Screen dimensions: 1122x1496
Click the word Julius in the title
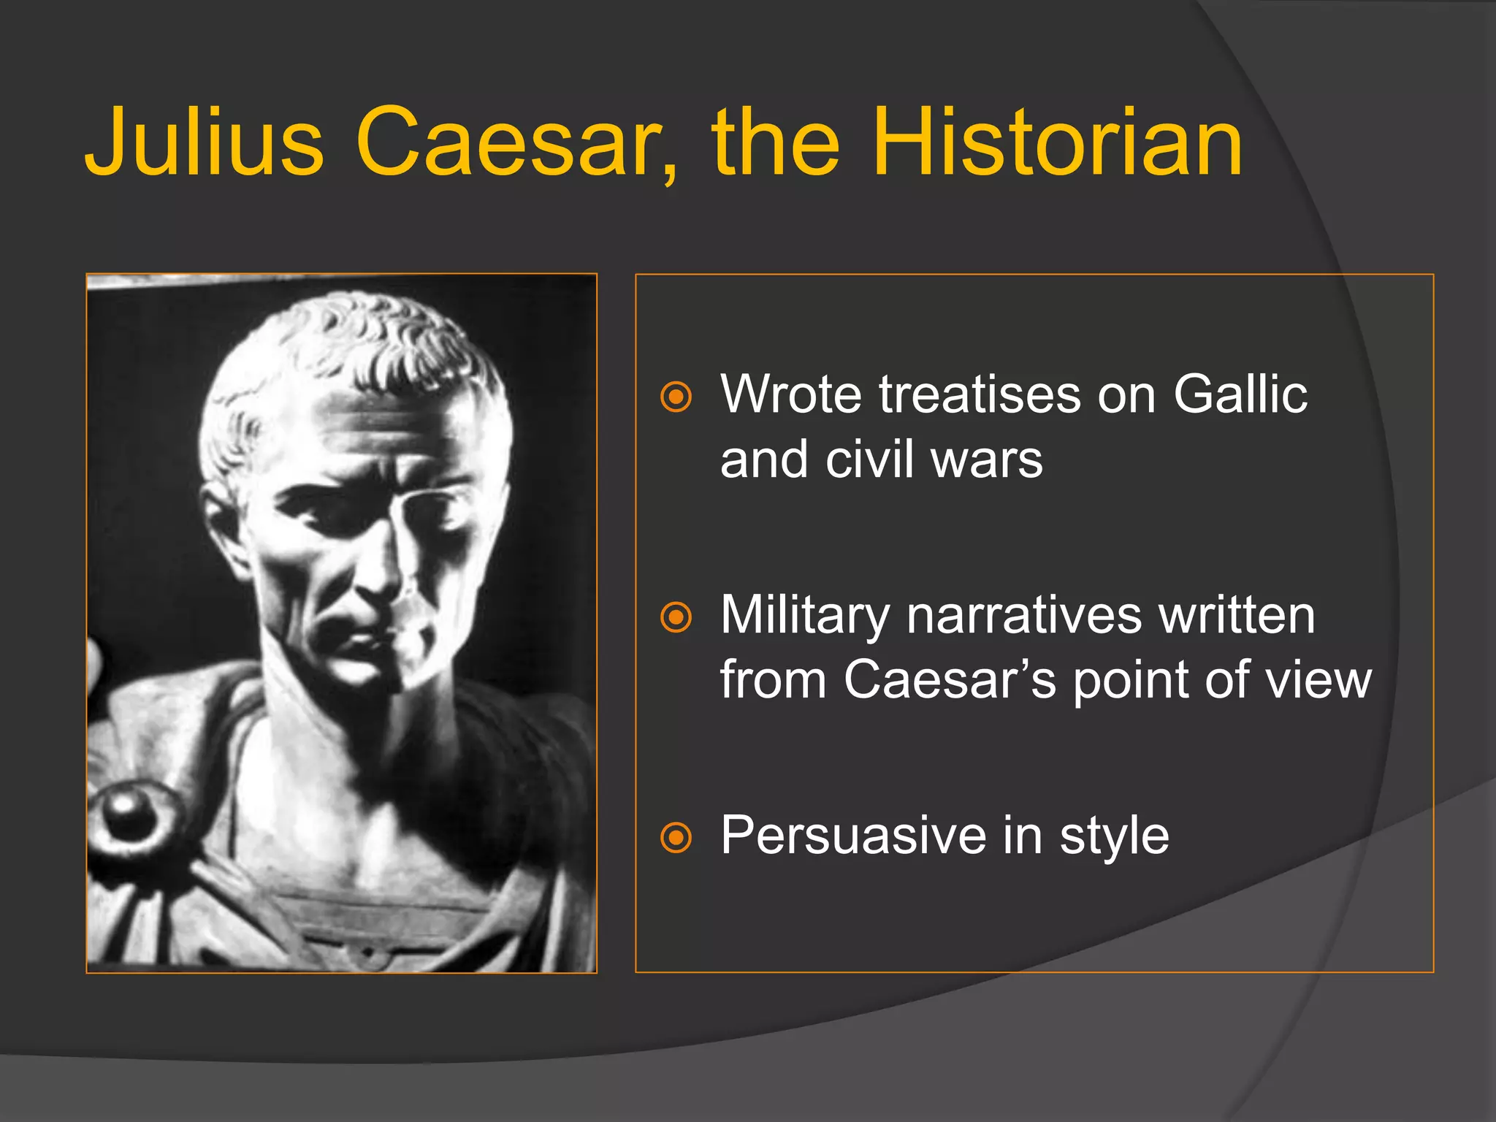(205, 142)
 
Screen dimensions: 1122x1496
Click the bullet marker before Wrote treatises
(676, 397)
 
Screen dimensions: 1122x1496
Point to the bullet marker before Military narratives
(676, 617)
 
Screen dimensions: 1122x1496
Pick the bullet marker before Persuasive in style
(676, 837)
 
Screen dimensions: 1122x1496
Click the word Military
(804, 616)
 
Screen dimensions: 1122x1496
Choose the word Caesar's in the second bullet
(950, 680)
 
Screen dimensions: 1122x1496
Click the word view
(1318, 680)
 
